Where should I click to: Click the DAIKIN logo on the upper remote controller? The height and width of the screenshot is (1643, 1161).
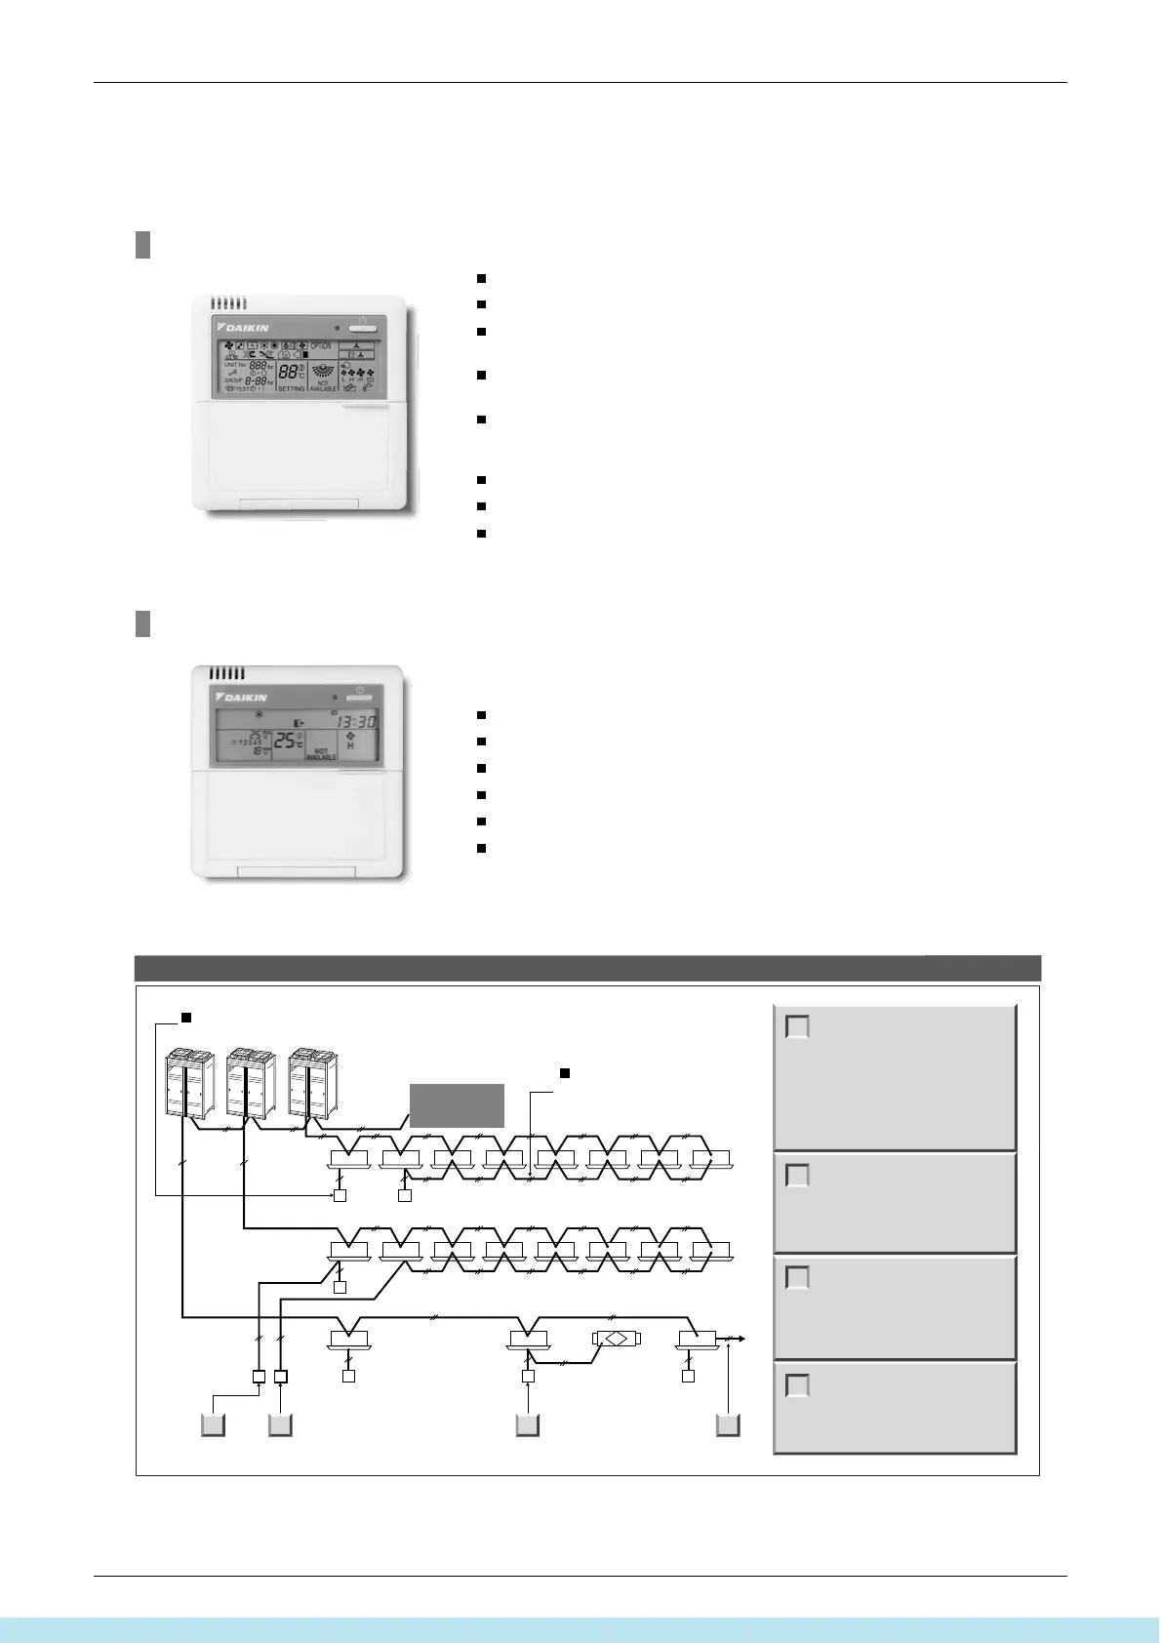click(x=242, y=327)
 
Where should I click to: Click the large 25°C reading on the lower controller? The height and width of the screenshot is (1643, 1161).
click(x=290, y=741)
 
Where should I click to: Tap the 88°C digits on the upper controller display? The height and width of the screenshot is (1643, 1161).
click(x=290, y=372)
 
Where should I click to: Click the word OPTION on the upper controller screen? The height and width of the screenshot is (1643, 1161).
click(x=321, y=346)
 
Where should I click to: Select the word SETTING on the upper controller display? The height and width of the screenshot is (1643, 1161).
click(x=292, y=388)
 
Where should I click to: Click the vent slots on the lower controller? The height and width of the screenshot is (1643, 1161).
click(x=227, y=673)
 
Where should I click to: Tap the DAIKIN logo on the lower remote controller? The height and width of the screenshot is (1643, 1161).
click(x=240, y=697)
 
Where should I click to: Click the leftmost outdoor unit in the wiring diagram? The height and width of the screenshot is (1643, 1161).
click(x=185, y=1082)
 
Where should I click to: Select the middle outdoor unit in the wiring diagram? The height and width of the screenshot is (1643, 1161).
click(x=248, y=1082)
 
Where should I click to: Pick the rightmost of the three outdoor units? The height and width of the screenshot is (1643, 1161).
click(x=310, y=1082)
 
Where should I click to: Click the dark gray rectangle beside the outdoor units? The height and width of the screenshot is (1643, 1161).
click(x=457, y=1105)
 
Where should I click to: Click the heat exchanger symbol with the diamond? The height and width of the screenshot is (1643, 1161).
click(x=616, y=1338)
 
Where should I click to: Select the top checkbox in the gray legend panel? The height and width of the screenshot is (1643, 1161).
click(x=798, y=1026)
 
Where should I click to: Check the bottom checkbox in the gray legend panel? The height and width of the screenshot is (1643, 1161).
click(x=798, y=1385)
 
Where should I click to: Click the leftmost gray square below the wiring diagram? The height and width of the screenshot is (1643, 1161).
click(x=214, y=1424)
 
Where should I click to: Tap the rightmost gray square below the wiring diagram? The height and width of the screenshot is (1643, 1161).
click(x=728, y=1424)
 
